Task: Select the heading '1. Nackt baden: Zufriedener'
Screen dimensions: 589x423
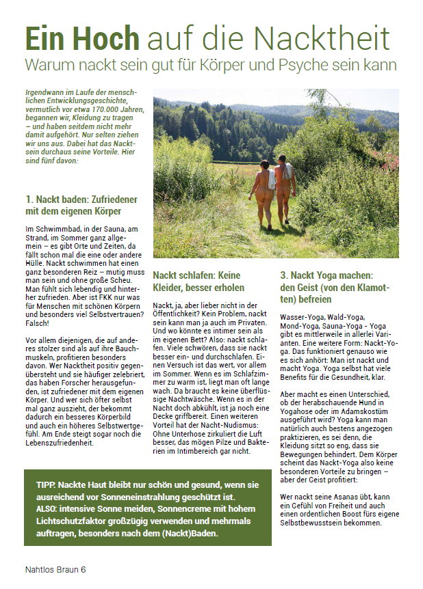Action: (x=82, y=199)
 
